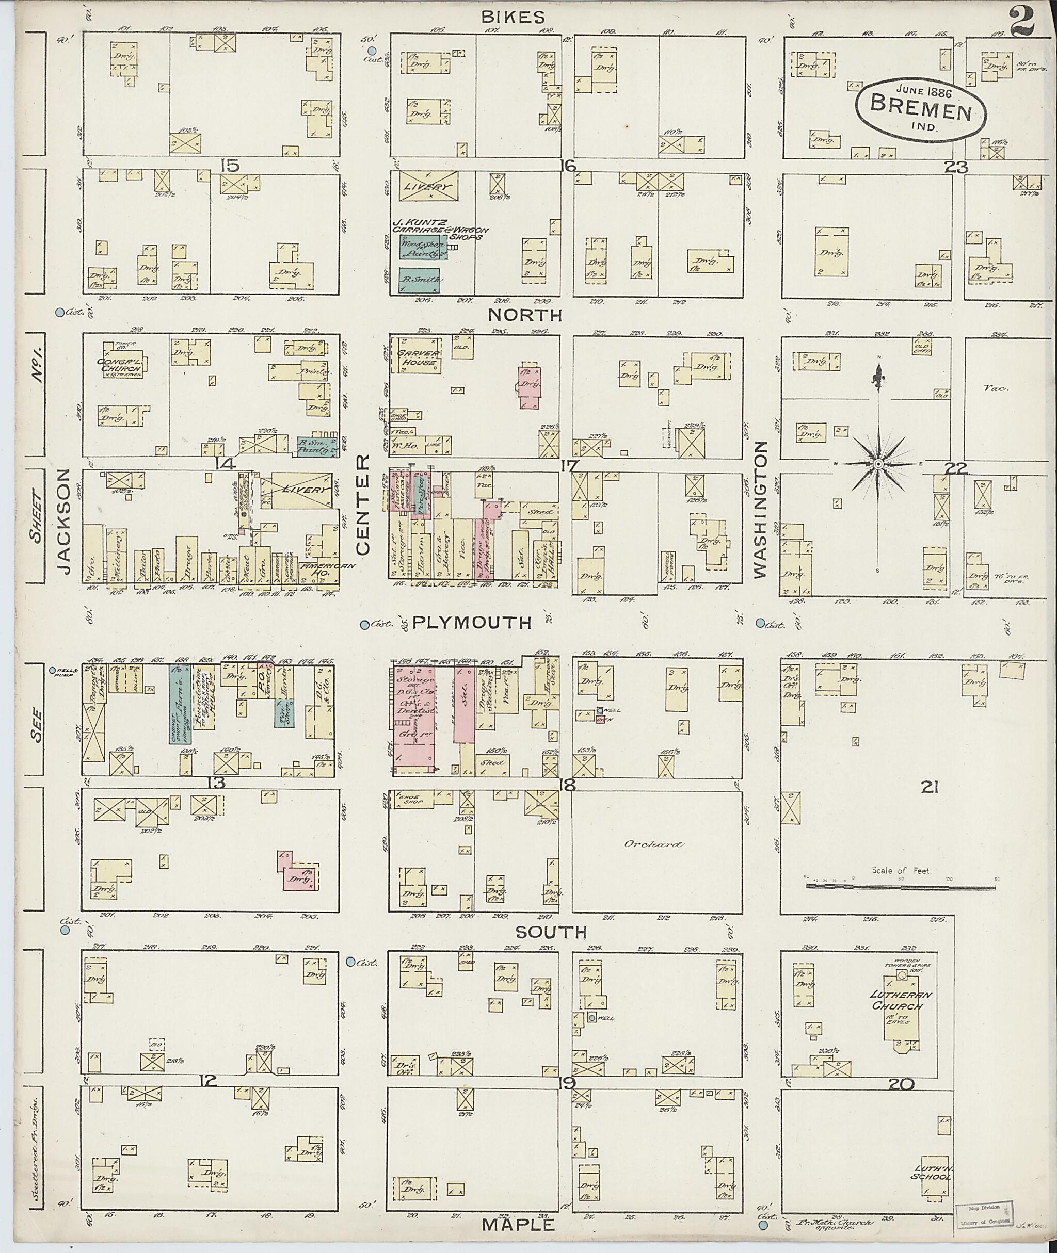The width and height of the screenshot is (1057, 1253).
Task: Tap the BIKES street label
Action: [x=514, y=17]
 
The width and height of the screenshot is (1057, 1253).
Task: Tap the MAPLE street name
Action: [x=518, y=1224]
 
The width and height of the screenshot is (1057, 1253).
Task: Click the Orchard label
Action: [x=652, y=844]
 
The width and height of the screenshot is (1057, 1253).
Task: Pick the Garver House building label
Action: [x=418, y=357]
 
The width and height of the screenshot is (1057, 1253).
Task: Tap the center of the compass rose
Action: [x=877, y=464]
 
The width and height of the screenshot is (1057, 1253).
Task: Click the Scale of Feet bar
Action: [x=904, y=885]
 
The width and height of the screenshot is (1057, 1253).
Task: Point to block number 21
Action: [x=930, y=788]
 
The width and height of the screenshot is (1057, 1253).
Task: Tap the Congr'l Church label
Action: [x=122, y=364]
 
